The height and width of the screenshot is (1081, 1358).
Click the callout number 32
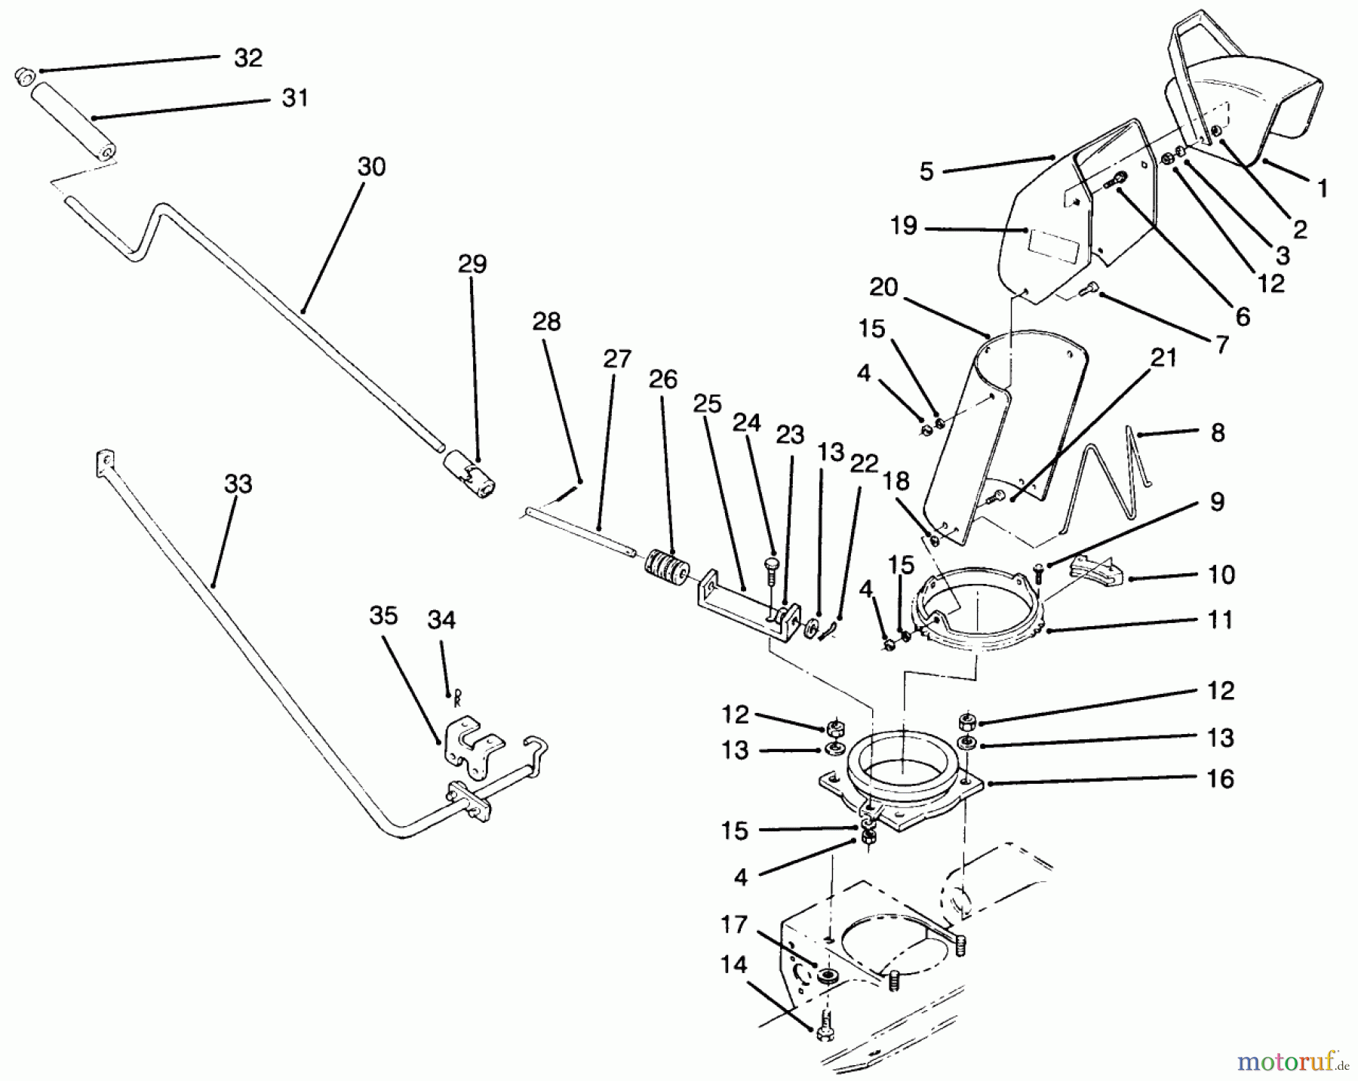(x=247, y=58)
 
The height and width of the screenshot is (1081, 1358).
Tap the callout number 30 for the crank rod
(x=371, y=167)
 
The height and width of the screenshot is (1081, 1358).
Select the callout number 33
(x=238, y=484)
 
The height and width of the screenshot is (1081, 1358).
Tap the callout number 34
(x=441, y=620)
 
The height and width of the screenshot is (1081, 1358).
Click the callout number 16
(x=1220, y=779)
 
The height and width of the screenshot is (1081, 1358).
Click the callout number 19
(x=903, y=226)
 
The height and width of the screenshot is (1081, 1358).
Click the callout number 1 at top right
(x=1321, y=188)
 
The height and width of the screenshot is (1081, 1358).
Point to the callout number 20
(x=883, y=287)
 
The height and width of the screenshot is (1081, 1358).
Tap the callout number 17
(x=733, y=924)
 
